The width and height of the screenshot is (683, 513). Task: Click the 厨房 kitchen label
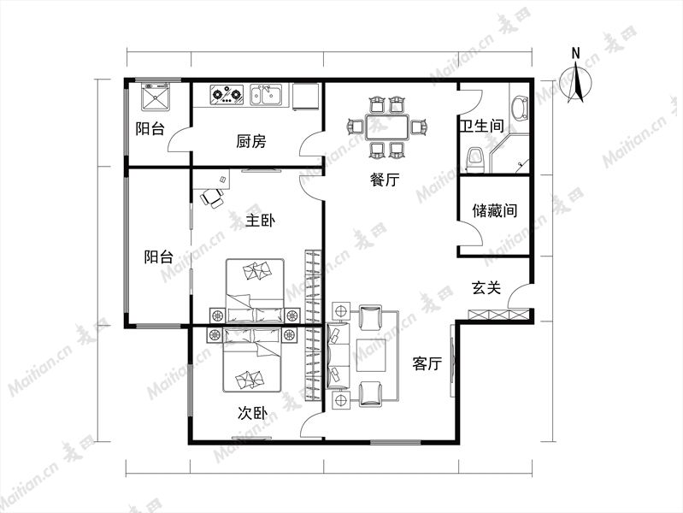coord(251,141)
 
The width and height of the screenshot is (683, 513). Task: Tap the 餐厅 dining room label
coord(385,180)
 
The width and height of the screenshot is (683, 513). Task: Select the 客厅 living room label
coord(427,363)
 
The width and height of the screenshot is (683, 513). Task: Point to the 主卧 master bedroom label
coord(260,220)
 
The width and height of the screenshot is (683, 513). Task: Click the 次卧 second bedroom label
coord(252,413)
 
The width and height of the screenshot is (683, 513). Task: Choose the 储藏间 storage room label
coord(494,211)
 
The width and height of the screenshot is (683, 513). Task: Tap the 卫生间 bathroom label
coord(482,126)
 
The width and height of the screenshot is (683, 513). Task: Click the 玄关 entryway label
coord(486,287)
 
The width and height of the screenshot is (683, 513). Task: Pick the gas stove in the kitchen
coord(227,95)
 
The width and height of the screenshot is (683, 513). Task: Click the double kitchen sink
coord(266,95)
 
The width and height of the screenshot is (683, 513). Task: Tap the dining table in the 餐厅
coord(387,127)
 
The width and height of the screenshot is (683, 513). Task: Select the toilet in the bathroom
coord(474,160)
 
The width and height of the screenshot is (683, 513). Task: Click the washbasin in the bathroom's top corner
coord(519,107)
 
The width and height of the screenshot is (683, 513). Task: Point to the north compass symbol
coord(576,82)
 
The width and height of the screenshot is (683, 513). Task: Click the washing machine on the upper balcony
coord(156,96)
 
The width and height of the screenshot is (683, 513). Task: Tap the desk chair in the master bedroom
coord(212,198)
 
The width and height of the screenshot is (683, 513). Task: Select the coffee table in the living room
coord(371,355)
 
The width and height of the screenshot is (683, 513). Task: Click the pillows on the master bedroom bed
coord(256,271)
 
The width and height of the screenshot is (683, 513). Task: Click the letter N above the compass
coord(576,53)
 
